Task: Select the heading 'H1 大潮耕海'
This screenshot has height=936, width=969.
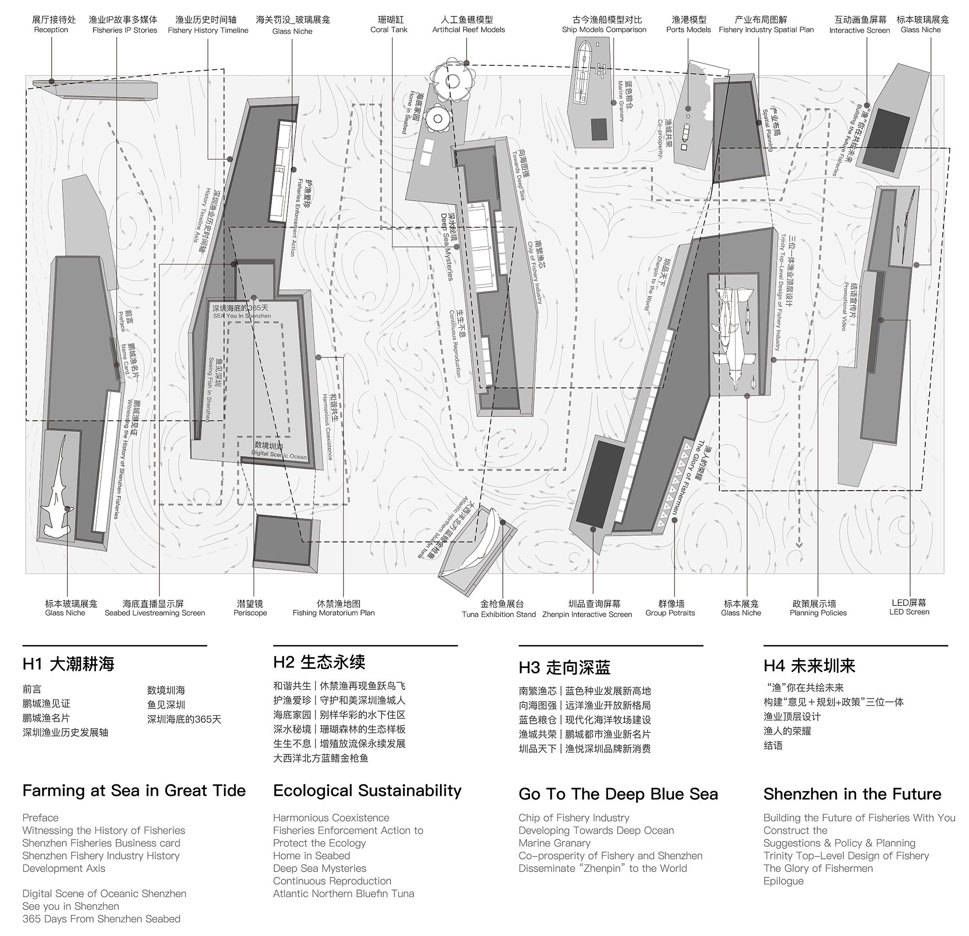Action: (x=68, y=664)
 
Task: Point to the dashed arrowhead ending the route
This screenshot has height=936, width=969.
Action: (x=799, y=545)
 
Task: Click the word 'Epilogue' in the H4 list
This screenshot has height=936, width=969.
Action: (x=783, y=881)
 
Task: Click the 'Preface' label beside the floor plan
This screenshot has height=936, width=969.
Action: (x=125, y=320)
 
